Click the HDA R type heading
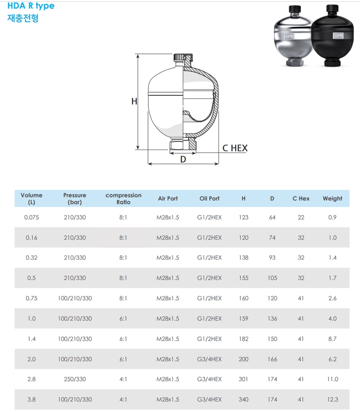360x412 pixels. [31, 6]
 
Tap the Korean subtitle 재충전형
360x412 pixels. [23, 18]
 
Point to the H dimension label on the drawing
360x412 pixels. [134, 101]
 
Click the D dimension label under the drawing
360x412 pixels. [183, 159]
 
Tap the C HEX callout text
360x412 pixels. [235, 148]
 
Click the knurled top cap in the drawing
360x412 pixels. [183, 57]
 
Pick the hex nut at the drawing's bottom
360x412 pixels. [183, 146]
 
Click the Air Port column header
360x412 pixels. [168, 199]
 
